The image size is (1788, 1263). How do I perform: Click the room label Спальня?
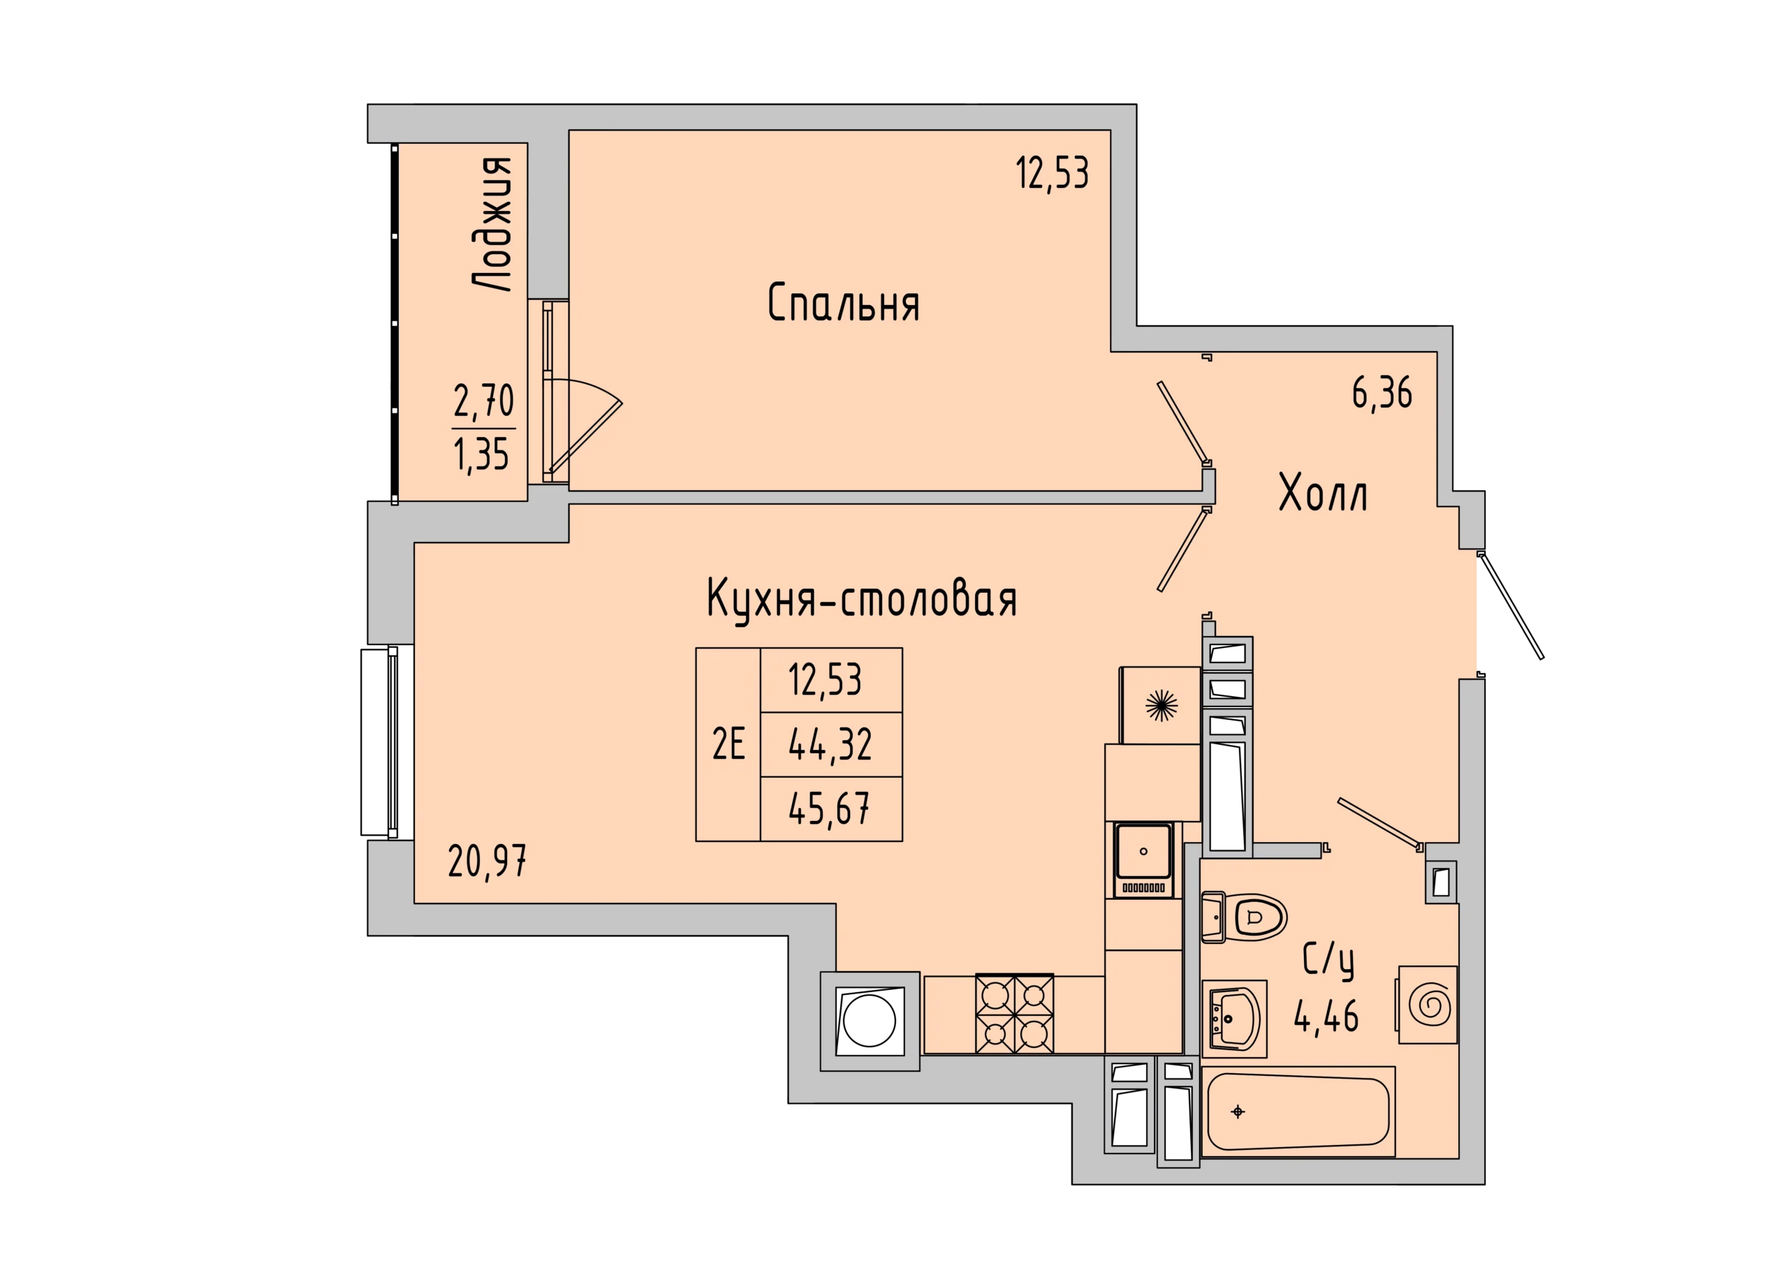click(844, 303)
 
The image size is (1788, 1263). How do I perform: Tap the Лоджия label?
click(493, 224)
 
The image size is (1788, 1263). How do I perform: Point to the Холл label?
click(1323, 493)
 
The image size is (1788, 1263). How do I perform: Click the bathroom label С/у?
click(1328, 962)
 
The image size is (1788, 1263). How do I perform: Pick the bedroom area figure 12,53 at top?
click(1052, 173)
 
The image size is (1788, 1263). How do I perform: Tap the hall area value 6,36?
click(1382, 393)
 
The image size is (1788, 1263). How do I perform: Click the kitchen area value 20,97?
click(488, 862)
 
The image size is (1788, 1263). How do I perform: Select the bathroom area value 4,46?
click(1326, 1015)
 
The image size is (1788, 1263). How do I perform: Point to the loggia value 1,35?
click(481, 454)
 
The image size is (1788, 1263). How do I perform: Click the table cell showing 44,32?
click(830, 744)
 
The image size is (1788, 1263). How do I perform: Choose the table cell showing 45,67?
click(830, 809)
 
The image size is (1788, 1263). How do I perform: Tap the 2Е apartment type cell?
click(728, 744)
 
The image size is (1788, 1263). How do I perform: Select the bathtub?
click(1298, 1111)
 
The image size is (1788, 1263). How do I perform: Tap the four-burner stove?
click(1015, 1014)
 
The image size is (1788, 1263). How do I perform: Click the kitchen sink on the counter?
click(1143, 859)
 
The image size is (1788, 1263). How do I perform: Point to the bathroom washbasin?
click(1234, 1018)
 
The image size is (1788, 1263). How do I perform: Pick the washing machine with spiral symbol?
click(1428, 1005)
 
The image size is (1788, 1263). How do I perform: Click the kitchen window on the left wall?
click(387, 743)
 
